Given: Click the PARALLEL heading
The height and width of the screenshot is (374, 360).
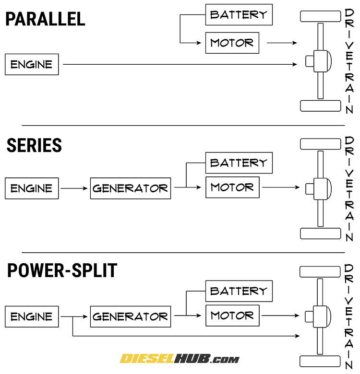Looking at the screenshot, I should (45, 19).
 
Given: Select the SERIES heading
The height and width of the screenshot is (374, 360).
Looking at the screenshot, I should (34, 145).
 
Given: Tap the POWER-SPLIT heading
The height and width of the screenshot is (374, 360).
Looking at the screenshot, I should (62, 271).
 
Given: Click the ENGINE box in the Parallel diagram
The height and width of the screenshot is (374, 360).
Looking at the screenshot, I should (32, 64).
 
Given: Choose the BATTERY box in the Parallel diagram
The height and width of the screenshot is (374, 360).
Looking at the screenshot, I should (239, 15).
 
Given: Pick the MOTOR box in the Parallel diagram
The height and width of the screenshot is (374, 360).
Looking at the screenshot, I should (232, 43).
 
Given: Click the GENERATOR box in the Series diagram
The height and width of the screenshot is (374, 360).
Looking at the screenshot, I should (130, 188).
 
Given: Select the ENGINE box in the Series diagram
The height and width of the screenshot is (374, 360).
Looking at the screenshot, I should (32, 188).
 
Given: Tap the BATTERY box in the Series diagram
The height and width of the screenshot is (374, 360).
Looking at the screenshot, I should (239, 163).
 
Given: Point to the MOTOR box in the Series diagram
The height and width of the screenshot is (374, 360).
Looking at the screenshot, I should (232, 187).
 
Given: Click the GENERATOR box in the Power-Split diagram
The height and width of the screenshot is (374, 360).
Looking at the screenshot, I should (130, 316).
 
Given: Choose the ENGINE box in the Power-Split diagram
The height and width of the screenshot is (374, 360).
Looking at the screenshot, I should (32, 316).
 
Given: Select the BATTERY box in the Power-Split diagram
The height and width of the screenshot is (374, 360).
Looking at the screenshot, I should (239, 291).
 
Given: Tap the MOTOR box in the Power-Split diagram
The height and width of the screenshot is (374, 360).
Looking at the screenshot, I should (232, 316).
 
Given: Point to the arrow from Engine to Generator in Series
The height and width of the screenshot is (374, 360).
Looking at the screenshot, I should (74, 188).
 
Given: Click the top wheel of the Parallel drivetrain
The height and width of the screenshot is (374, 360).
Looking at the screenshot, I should (320, 16).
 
